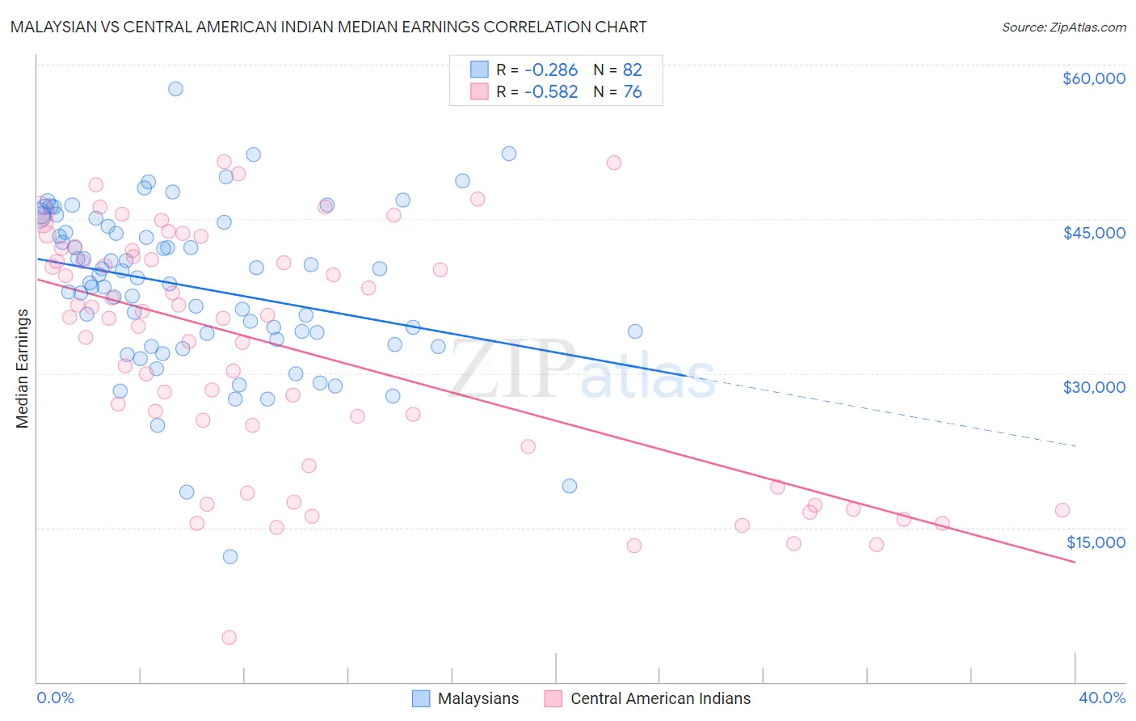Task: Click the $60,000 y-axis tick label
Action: tap(1093, 78)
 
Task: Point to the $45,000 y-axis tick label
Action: tap(1093, 233)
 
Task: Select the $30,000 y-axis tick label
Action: tap(1093, 387)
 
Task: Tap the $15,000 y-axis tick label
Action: tap(1095, 542)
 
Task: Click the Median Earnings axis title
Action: tap(23, 369)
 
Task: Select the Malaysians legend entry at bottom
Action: tap(465, 699)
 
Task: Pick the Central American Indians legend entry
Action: tap(647, 699)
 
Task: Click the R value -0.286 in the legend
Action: tap(550, 70)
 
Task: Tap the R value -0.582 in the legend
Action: tap(550, 92)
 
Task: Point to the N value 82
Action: tap(632, 70)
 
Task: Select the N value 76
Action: tap(632, 92)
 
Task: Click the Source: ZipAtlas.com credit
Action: tap(1063, 27)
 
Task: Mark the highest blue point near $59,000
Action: tap(175, 89)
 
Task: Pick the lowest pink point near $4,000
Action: tap(229, 638)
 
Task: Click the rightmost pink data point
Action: tap(1062, 510)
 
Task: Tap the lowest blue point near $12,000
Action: tap(230, 557)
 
